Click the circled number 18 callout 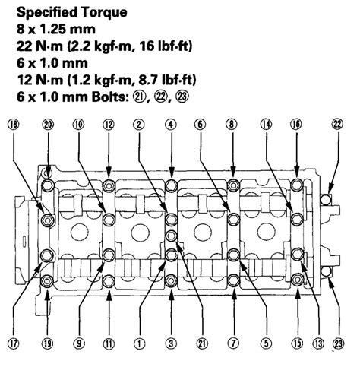14,123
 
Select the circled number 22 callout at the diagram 337,123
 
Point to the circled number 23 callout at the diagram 337,343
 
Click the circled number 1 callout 140,343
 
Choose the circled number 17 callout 14,343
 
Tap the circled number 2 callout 140,123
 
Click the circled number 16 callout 296,123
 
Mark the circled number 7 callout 233,343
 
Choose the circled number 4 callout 171,123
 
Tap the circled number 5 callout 264,343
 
